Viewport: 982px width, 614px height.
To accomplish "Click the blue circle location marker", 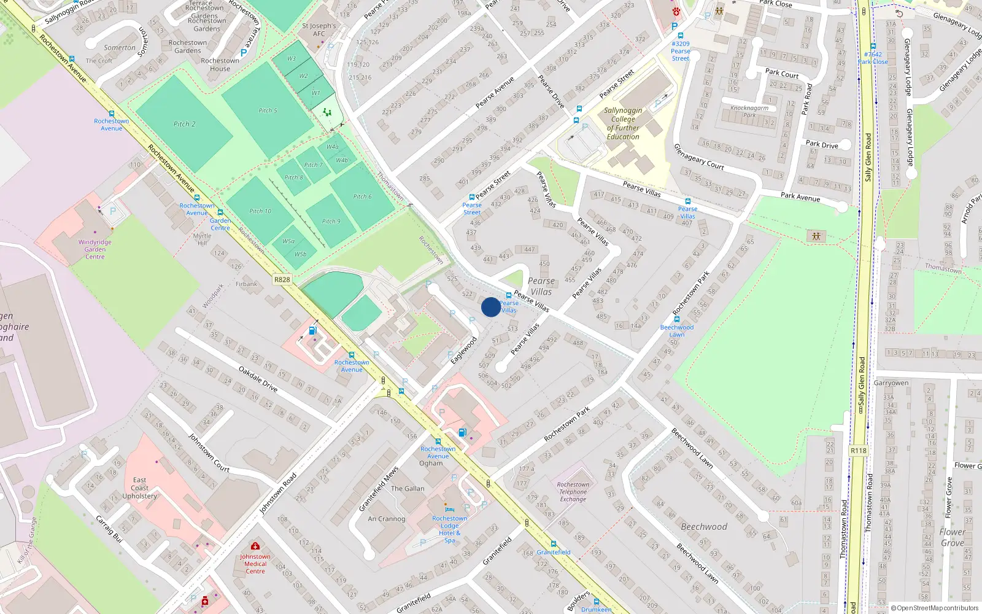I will [x=490, y=307].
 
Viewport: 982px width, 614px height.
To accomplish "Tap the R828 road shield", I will [x=282, y=279].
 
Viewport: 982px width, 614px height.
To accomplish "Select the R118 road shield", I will [x=858, y=451].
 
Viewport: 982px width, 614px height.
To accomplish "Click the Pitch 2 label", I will [x=184, y=124].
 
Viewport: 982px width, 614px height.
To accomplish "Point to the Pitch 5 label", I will [x=268, y=111].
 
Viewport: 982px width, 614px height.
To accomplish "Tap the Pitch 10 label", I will [x=260, y=211].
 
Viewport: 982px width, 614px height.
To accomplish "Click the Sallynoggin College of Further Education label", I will [x=623, y=123].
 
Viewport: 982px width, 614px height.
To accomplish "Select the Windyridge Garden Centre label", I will [x=95, y=249].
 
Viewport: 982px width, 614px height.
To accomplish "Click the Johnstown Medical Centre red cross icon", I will [x=255, y=546].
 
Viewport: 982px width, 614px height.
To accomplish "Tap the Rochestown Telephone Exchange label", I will [x=573, y=492].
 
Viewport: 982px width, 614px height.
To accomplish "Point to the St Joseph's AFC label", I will [x=319, y=29].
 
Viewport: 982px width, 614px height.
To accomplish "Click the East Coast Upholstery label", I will [x=139, y=488].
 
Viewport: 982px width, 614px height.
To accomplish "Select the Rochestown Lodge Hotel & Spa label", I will [x=449, y=529].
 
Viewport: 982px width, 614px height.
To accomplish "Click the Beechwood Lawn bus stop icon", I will [x=676, y=319].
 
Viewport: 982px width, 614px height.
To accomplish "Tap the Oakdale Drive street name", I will [x=258, y=379].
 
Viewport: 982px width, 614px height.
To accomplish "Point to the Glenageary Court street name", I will [x=698, y=157].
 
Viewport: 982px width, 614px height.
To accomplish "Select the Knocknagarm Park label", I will [x=749, y=111].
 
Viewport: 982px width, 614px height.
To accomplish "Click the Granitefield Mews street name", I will [x=379, y=489].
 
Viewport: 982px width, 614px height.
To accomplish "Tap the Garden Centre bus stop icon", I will [x=220, y=212].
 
